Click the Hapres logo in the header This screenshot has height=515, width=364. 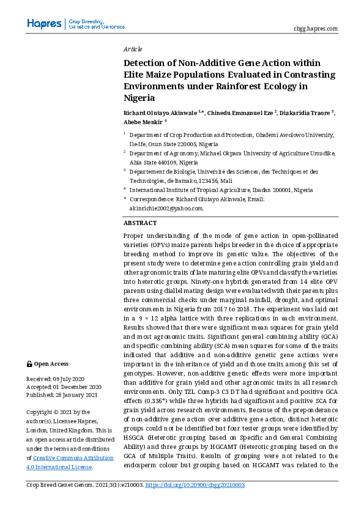click(44, 24)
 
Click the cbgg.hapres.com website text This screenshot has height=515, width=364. click(316, 28)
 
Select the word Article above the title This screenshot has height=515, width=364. click(133, 49)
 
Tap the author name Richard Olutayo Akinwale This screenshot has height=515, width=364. click(160, 113)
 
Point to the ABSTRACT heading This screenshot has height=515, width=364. click(140, 223)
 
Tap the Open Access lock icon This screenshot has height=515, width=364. click(29, 364)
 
